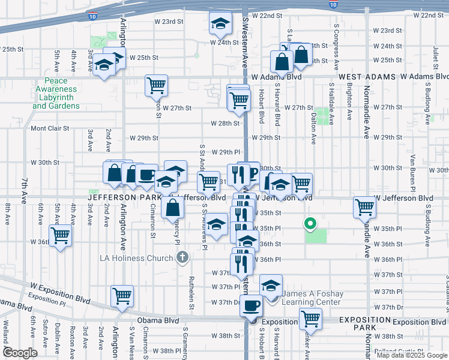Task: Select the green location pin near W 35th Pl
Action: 310,225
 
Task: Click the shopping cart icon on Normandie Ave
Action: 365,207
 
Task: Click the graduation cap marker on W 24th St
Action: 220,25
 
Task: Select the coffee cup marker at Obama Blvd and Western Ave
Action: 251,305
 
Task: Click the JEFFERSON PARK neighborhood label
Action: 122,197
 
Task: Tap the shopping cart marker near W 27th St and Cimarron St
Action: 156,85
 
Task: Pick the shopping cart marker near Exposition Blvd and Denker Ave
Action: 310,317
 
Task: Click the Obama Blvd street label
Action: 158,321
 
